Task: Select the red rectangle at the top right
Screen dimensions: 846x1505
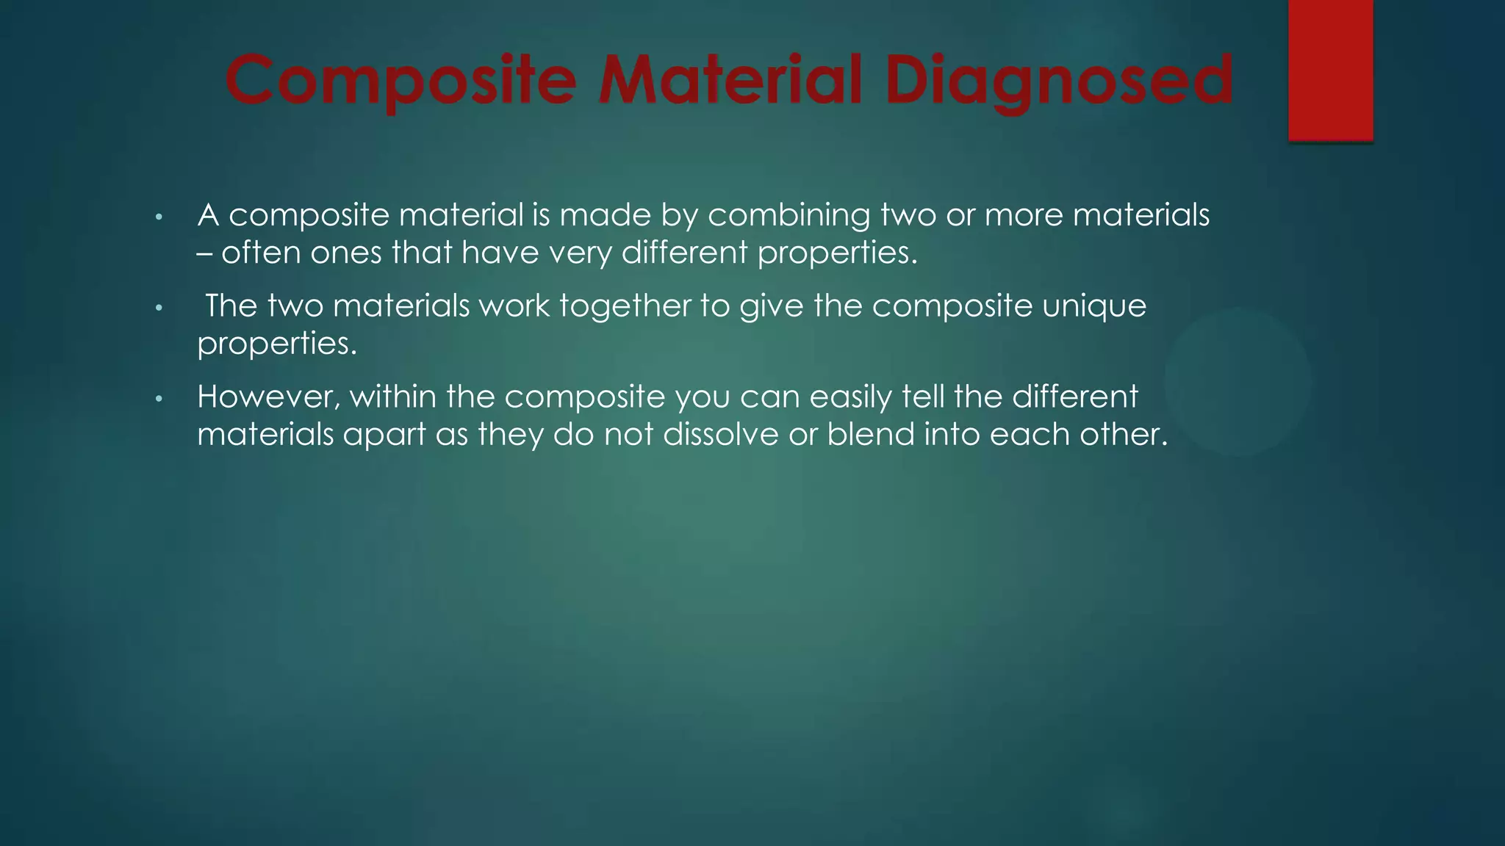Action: [1330, 70]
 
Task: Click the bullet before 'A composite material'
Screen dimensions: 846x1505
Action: [158, 217]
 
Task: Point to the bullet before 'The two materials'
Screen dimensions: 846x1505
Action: [158, 308]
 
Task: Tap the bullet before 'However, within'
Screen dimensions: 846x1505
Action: [158, 399]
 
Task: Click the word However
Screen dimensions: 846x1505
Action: [268, 397]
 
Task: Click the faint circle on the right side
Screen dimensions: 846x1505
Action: [1238, 381]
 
